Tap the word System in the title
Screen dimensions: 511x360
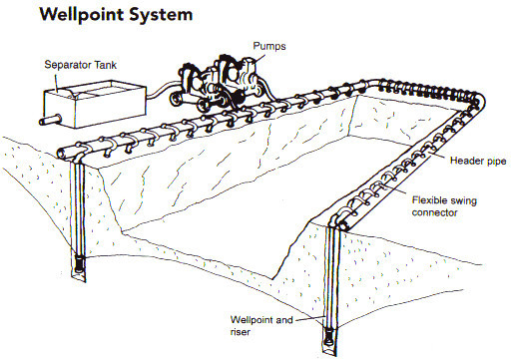[x=161, y=15]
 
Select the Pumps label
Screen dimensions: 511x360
[x=269, y=46]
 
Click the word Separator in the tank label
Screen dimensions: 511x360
[x=68, y=65]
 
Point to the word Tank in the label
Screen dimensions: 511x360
[x=105, y=64]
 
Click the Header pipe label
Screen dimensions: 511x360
[x=478, y=162]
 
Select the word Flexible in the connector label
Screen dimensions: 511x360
[x=429, y=200]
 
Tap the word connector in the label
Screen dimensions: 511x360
[x=434, y=212]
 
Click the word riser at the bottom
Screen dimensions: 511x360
[x=240, y=332]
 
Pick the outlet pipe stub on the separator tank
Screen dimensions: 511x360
[x=50, y=120]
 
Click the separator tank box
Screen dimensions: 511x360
[x=95, y=104]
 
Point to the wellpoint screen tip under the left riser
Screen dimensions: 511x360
[x=79, y=263]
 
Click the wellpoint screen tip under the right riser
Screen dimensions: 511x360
[x=329, y=336]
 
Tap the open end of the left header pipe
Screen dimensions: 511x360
[x=62, y=154]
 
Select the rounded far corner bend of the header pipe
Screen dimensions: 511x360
[x=478, y=99]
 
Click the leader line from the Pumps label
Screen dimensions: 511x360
[x=259, y=58]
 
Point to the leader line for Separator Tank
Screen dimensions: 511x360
[x=56, y=83]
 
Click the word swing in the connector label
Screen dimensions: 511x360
[x=464, y=200]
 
